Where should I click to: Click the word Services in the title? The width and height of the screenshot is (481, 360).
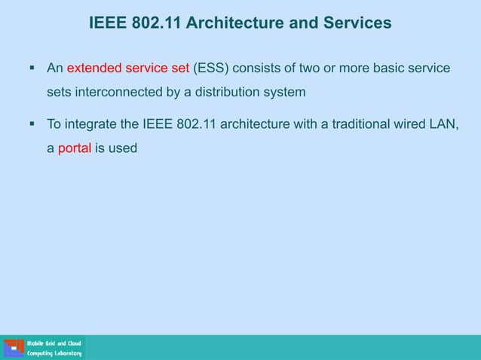[357, 23]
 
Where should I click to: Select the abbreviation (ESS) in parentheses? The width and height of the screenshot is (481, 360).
[210, 69]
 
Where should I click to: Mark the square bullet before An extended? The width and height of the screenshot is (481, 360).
[32, 69]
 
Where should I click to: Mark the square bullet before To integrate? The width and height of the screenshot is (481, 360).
[32, 124]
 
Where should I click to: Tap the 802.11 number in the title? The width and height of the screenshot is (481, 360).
[156, 23]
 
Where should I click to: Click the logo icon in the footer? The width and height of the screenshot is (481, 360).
[14, 348]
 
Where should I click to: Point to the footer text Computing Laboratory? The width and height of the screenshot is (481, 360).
[54, 353]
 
